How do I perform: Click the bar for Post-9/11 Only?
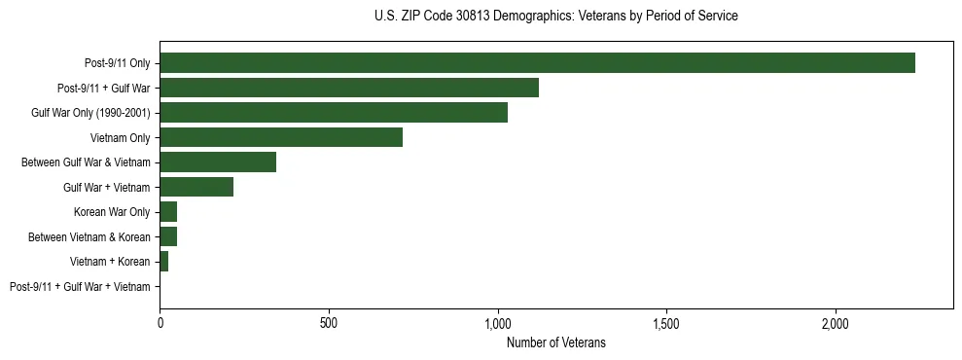[x=537, y=63]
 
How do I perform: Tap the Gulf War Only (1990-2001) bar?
[x=334, y=113]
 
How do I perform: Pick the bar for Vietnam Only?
[x=281, y=137]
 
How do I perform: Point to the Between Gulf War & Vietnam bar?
[x=218, y=162]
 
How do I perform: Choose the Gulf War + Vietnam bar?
[x=196, y=187]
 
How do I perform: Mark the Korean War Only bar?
[x=168, y=212]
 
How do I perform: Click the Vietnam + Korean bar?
[x=164, y=262]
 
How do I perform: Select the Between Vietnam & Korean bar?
[x=168, y=236]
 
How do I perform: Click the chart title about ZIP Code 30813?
[x=555, y=17]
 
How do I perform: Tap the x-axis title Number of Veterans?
[x=555, y=342]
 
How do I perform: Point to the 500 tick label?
[x=329, y=322]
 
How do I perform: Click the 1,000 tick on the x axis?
[x=497, y=322]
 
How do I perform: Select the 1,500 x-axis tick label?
[x=666, y=322]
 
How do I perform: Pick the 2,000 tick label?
[x=836, y=322]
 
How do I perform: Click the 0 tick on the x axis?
[x=160, y=322]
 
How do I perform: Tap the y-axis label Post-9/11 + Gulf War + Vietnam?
[x=80, y=287]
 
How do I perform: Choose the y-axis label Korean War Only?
[x=112, y=212]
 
